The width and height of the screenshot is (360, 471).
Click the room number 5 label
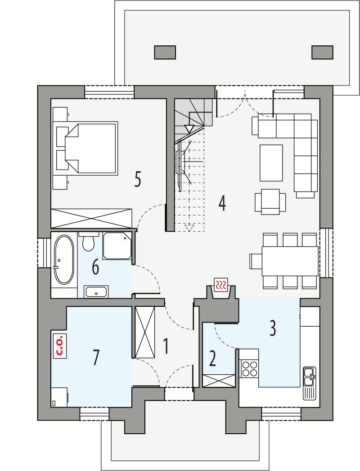point(138,179)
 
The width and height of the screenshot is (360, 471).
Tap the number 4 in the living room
point(222,203)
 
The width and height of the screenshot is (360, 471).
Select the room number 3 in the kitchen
point(273,328)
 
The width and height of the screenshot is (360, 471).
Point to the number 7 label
point(95,358)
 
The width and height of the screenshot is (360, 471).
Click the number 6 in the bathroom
point(95,267)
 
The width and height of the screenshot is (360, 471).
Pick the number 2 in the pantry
point(212,359)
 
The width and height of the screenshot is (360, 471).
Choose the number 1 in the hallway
point(166,346)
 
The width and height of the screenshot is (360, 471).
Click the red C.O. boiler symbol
point(59,345)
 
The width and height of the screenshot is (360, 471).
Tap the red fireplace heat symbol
point(221,285)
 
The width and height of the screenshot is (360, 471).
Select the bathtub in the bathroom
point(63,260)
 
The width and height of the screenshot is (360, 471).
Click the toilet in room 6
point(89,242)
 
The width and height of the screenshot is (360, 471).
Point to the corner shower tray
point(117,246)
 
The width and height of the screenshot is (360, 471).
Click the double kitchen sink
point(309,377)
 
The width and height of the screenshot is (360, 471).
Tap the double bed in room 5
point(91,148)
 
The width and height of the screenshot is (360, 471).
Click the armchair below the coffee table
point(270,201)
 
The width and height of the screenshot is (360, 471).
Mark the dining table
point(290,260)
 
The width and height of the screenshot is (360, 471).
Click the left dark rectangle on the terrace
point(165,52)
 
